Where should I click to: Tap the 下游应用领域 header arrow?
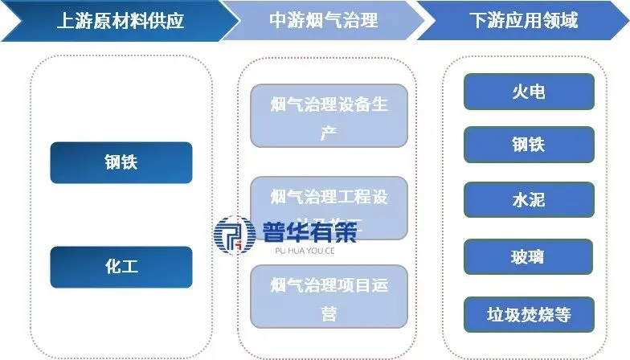[x=523, y=21]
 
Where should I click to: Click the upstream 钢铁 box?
[x=121, y=162]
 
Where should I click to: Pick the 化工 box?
[x=121, y=267]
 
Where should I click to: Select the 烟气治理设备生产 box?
[x=329, y=117]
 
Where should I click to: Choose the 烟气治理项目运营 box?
[x=329, y=297]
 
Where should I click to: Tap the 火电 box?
[x=529, y=92]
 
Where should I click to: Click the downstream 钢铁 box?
[x=529, y=145]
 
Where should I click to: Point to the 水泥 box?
[x=529, y=199]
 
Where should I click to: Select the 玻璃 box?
[x=529, y=257]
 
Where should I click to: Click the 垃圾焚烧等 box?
[x=529, y=314]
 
